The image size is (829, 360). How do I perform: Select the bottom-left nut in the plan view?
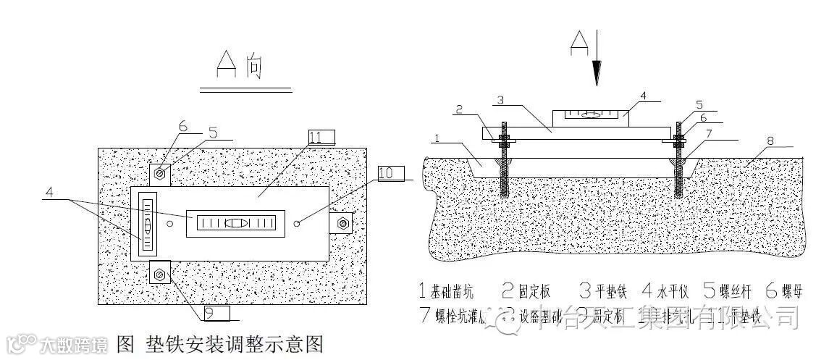coord(160,275)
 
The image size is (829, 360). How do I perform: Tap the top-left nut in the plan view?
coord(160,174)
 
